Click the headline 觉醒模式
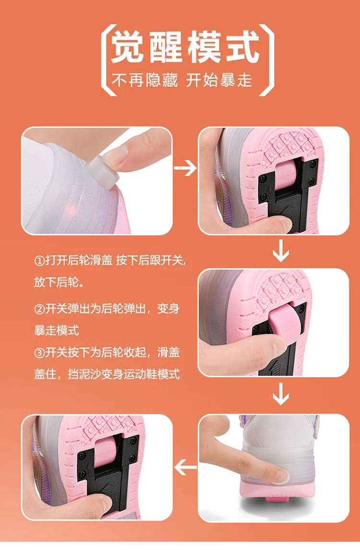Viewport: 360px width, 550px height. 185,47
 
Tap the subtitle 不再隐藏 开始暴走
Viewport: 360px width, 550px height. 182,80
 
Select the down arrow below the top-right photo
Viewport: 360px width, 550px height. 281,250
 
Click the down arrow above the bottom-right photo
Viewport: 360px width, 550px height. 281,393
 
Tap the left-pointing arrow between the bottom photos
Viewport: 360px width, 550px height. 185,467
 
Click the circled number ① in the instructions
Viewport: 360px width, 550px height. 39,261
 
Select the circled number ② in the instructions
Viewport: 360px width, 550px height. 39,309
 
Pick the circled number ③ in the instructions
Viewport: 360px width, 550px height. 39,353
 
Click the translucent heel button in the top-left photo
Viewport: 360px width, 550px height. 103,172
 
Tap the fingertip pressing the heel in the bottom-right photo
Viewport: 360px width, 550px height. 280,475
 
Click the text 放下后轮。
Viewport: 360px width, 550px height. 59,281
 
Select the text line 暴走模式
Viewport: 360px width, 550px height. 57,330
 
